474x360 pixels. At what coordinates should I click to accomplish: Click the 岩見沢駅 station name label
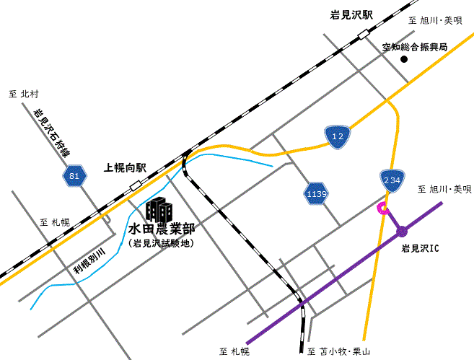click(350, 14)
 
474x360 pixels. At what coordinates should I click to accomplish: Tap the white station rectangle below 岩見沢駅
click(363, 32)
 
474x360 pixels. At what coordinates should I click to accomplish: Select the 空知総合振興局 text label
click(414, 47)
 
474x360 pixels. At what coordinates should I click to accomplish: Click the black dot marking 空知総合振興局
click(404, 59)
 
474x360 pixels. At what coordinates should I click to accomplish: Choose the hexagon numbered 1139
click(316, 193)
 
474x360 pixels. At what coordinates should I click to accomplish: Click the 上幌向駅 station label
click(126, 167)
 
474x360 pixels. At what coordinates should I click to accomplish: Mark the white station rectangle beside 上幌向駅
click(136, 186)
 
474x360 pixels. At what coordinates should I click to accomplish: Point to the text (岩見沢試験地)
click(162, 244)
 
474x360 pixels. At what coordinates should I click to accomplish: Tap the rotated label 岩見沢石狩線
click(52, 133)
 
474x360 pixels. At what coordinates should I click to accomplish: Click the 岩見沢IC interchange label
click(420, 248)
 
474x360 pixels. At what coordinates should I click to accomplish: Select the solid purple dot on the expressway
click(402, 232)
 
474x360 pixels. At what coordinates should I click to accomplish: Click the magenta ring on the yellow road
click(384, 209)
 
